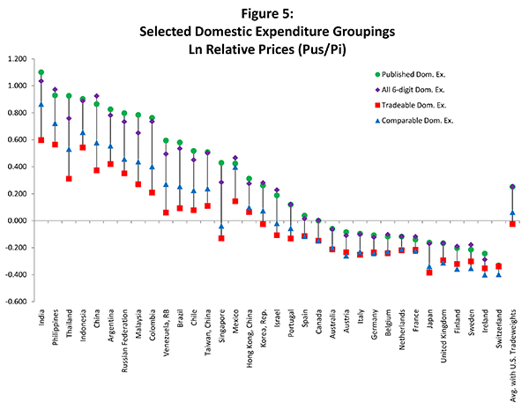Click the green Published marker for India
[x=41, y=72]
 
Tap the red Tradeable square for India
[x=41, y=140]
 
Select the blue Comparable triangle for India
[x=41, y=105]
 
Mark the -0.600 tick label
[x=16, y=302]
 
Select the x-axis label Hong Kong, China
[x=249, y=338]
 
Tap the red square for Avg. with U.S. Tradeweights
[x=512, y=224]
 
